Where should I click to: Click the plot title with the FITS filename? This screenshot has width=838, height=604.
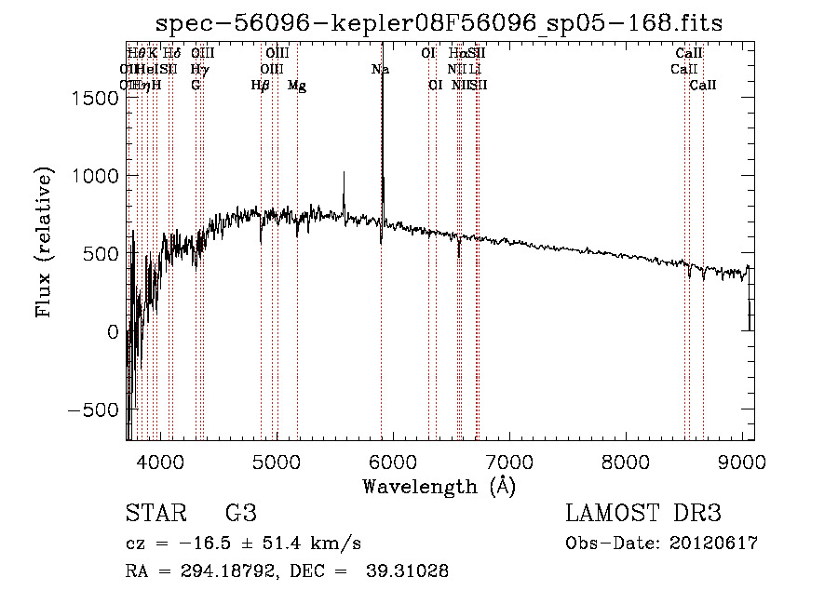[439, 22]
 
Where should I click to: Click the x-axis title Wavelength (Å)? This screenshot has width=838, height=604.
[439, 486]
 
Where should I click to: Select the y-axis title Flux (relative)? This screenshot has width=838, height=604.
[44, 242]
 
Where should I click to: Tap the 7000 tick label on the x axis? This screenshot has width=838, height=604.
[510, 462]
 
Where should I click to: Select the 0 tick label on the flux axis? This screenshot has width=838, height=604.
[114, 332]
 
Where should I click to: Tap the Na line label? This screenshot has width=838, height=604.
[380, 70]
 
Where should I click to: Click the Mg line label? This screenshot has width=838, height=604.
[297, 86]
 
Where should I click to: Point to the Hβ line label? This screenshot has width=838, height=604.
[261, 86]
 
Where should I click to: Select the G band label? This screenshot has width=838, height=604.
[196, 86]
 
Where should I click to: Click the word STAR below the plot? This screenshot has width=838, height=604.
[155, 515]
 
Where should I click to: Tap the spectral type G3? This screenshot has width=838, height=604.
[241, 515]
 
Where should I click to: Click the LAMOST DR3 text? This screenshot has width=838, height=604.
[643, 515]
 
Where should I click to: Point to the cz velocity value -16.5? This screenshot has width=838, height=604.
[209, 544]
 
